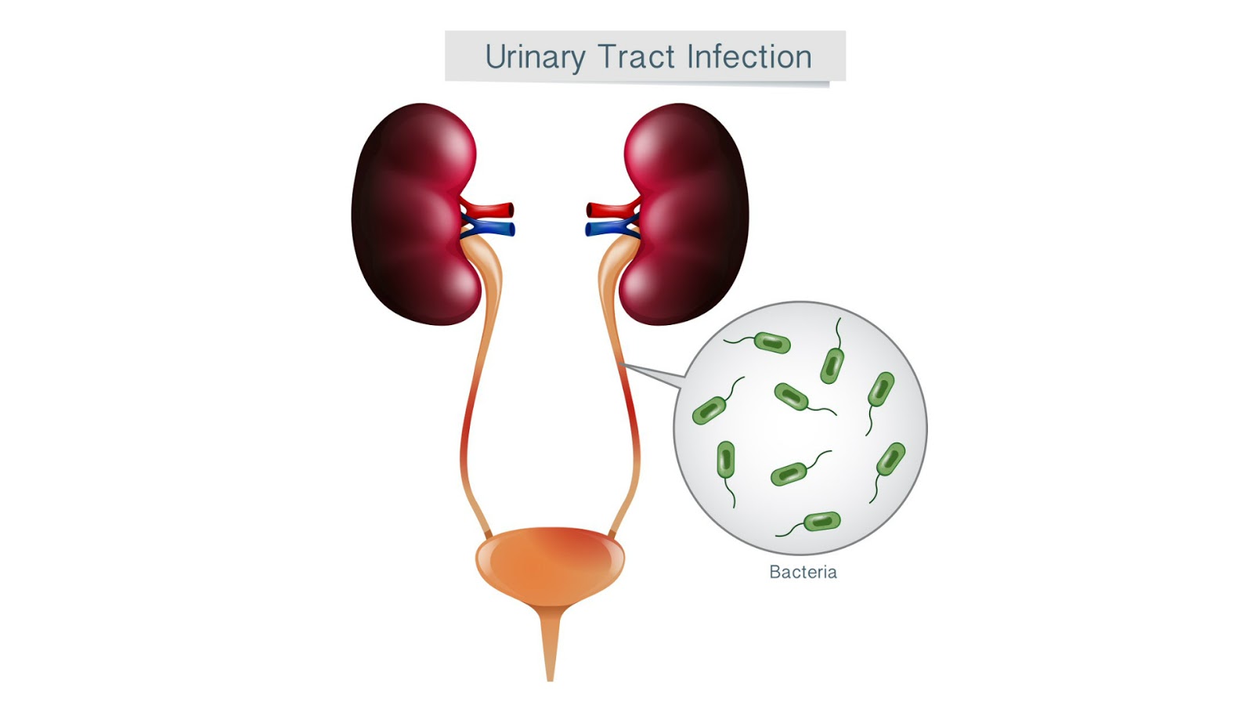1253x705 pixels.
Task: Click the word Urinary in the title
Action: click(x=535, y=57)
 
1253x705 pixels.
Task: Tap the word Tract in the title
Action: click(x=636, y=57)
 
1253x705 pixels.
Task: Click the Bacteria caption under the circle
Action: click(x=803, y=573)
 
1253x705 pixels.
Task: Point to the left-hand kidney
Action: click(x=407, y=211)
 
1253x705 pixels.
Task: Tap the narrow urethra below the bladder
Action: click(x=550, y=642)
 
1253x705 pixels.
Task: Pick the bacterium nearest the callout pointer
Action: click(x=710, y=410)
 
